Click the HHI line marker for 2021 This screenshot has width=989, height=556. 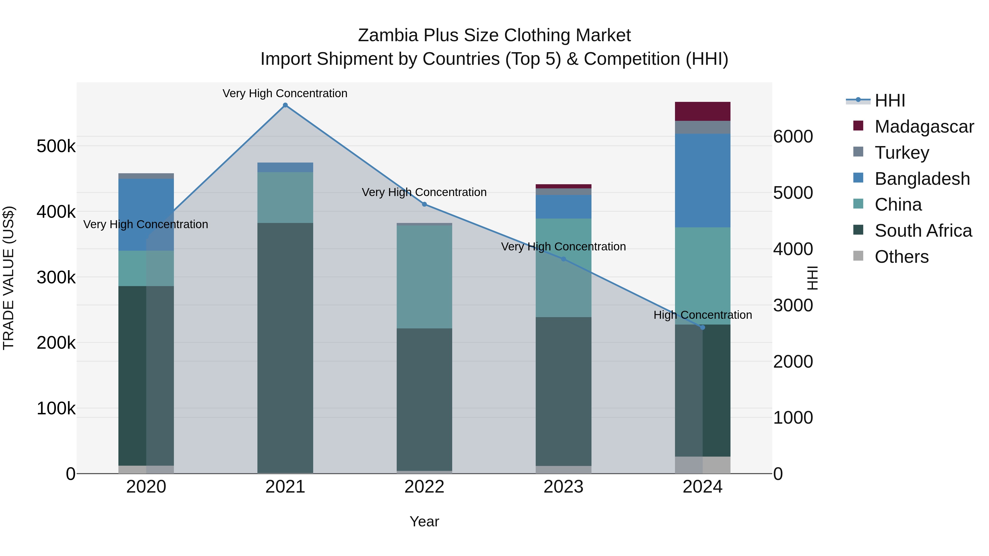[285, 105]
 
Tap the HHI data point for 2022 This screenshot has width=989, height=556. [424, 204]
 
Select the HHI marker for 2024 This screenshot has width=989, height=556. [702, 327]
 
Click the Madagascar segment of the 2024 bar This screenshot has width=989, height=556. [702, 111]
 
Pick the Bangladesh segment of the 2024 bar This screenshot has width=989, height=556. [702, 180]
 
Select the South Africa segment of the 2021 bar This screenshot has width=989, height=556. [285, 345]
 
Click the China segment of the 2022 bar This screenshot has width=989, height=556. [424, 276]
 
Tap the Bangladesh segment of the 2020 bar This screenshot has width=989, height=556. [146, 215]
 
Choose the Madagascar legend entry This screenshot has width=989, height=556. [924, 126]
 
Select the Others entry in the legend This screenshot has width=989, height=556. [901, 256]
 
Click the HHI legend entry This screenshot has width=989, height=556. [890, 100]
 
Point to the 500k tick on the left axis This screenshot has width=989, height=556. [56, 146]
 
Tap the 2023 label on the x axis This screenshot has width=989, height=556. [563, 487]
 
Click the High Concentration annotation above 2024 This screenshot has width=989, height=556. [702, 315]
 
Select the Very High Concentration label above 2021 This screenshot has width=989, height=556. [285, 93]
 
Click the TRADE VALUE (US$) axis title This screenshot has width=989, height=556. [9, 278]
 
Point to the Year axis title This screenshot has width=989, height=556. [424, 521]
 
